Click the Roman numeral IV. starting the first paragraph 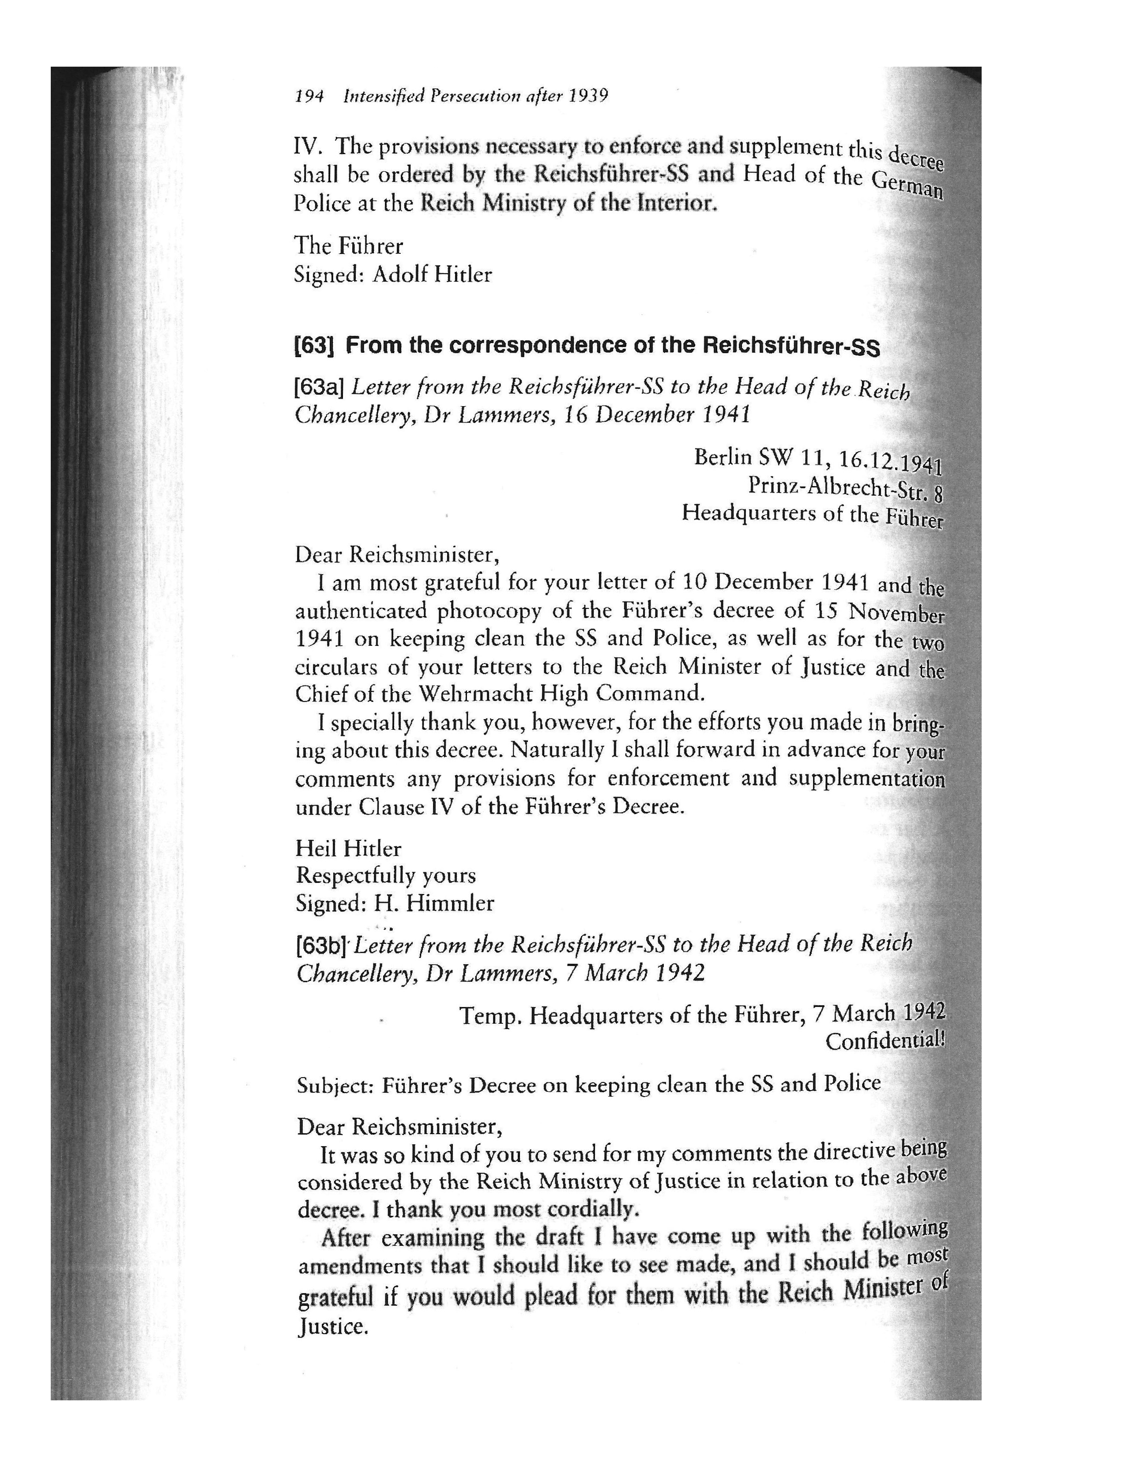tap(309, 146)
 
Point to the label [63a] tap(319, 387)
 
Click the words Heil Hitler tap(348, 849)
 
